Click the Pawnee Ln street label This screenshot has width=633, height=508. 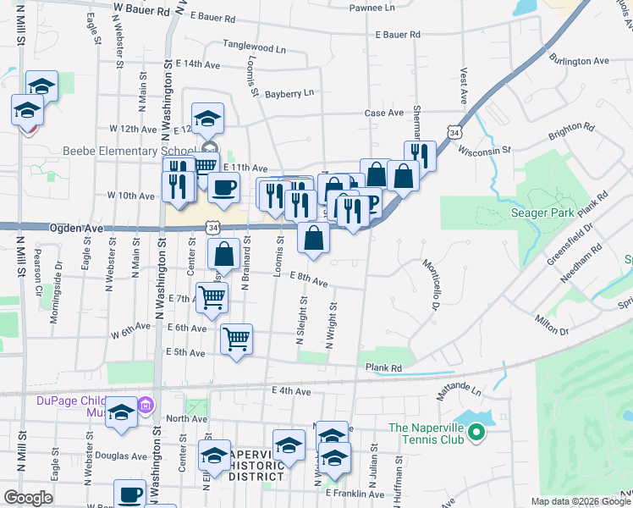[372, 8]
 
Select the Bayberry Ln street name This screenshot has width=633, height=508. [289, 93]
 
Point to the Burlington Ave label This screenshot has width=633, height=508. [579, 61]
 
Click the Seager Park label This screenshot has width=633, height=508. [543, 213]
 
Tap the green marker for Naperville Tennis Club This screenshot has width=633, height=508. [476, 433]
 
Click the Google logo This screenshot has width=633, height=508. [28, 498]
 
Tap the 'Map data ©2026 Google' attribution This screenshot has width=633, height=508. [581, 501]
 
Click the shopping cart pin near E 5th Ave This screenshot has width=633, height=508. [236, 339]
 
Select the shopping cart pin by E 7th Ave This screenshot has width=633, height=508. [212, 296]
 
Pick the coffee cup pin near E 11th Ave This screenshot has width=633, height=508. [223, 187]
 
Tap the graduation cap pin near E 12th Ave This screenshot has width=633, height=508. [206, 119]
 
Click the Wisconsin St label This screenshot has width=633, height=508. [485, 150]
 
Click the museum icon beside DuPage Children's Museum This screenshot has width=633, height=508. [146, 405]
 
